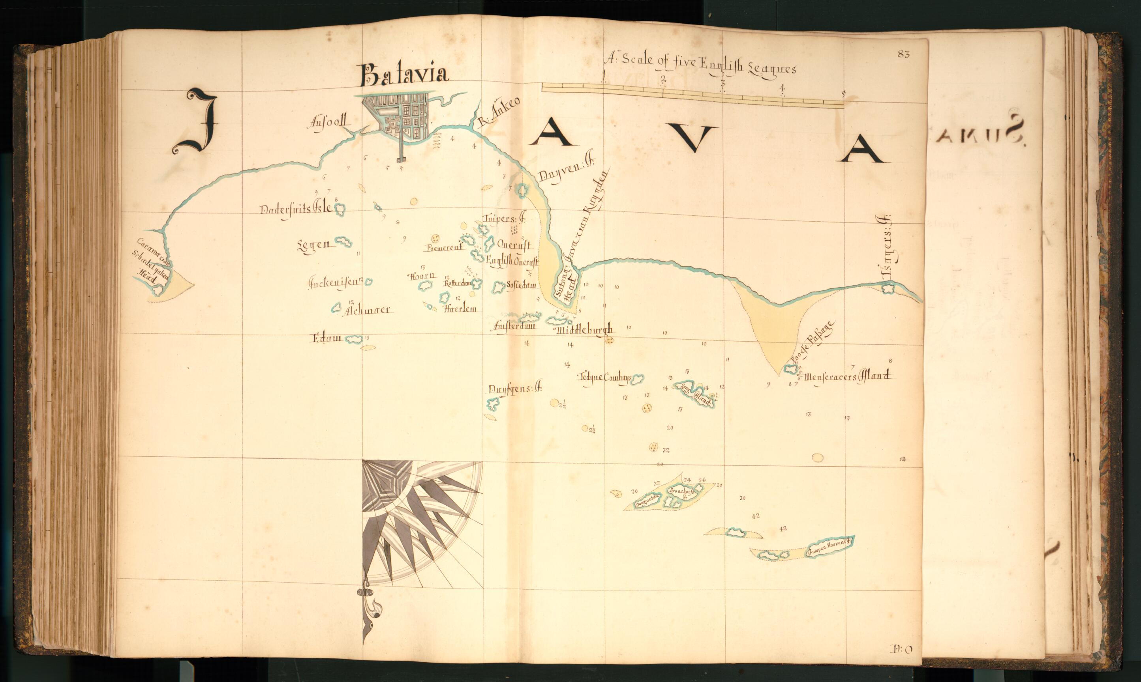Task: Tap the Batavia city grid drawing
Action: click(x=400, y=117)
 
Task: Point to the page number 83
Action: click(x=903, y=54)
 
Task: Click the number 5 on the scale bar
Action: click(x=843, y=94)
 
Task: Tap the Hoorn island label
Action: click(x=421, y=276)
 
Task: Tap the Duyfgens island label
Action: click(x=515, y=389)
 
